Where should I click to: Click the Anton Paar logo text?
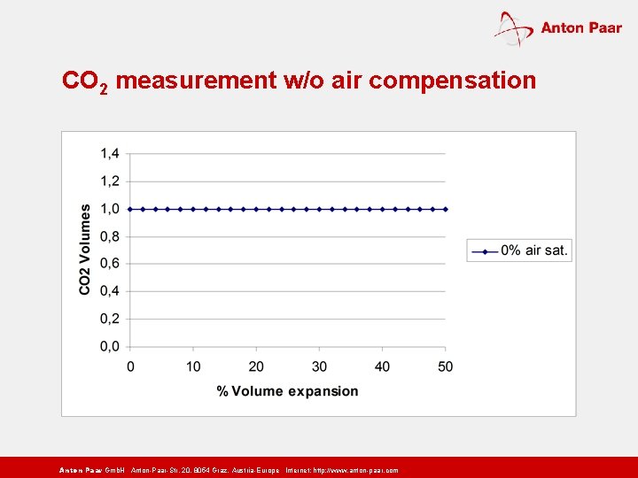(580, 27)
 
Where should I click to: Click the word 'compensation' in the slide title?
(452, 81)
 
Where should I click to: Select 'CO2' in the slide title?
(85, 82)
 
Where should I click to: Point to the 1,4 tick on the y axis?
(110, 154)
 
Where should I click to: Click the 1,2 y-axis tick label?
(110, 181)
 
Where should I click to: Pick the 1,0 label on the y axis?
(110, 209)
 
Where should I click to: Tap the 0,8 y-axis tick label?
(110, 236)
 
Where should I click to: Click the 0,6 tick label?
(110, 264)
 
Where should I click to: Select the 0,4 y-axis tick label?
(110, 291)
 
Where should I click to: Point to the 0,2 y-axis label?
(110, 319)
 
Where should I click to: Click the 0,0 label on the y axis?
(110, 346)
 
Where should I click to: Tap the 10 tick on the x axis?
(193, 366)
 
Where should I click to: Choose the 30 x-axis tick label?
(319, 366)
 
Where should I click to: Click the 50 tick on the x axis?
(445, 366)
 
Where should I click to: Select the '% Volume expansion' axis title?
(288, 391)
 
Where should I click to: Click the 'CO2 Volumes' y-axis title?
(85, 250)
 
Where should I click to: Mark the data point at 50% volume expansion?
(445, 209)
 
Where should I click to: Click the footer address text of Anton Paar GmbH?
(228, 470)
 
